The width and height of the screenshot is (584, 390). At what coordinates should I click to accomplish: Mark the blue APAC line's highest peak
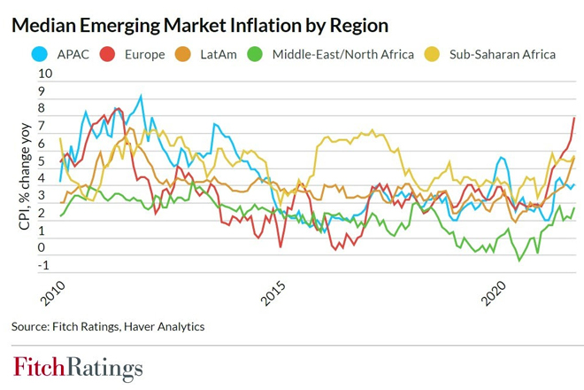pyautogui.click(x=141, y=96)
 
